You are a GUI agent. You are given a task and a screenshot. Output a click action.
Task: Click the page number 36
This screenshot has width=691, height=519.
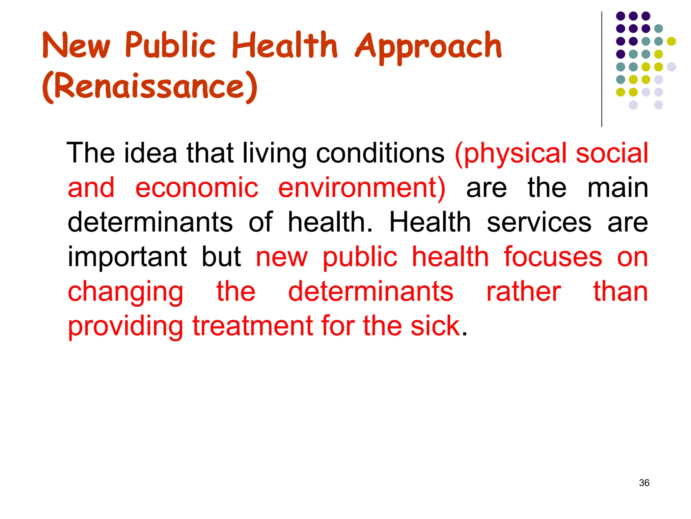click(x=644, y=483)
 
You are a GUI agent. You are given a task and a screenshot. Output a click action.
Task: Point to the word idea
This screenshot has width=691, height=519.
click(x=150, y=153)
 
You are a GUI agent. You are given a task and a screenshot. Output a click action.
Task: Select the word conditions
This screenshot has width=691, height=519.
click(x=380, y=153)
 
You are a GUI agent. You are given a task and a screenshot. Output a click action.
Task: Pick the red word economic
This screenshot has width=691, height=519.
click(x=197, y=188)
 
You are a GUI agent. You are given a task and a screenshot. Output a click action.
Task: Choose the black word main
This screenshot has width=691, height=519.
click(x=618, y=188)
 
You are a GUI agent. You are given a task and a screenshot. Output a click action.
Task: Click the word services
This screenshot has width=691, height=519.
click(x=539, y=223)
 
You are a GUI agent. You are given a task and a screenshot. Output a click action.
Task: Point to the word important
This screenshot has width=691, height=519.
click(x=127, y=257)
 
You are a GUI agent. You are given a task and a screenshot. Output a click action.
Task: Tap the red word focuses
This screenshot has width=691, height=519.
click(x=553, y=257)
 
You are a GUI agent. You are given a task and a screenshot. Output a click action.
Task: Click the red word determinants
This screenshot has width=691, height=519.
click(x=370, y=292)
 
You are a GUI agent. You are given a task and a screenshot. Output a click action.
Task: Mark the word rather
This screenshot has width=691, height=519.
click(x=524, y=292)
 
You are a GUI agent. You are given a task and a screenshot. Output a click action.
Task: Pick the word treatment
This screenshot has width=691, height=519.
click(x=253, y=326)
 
